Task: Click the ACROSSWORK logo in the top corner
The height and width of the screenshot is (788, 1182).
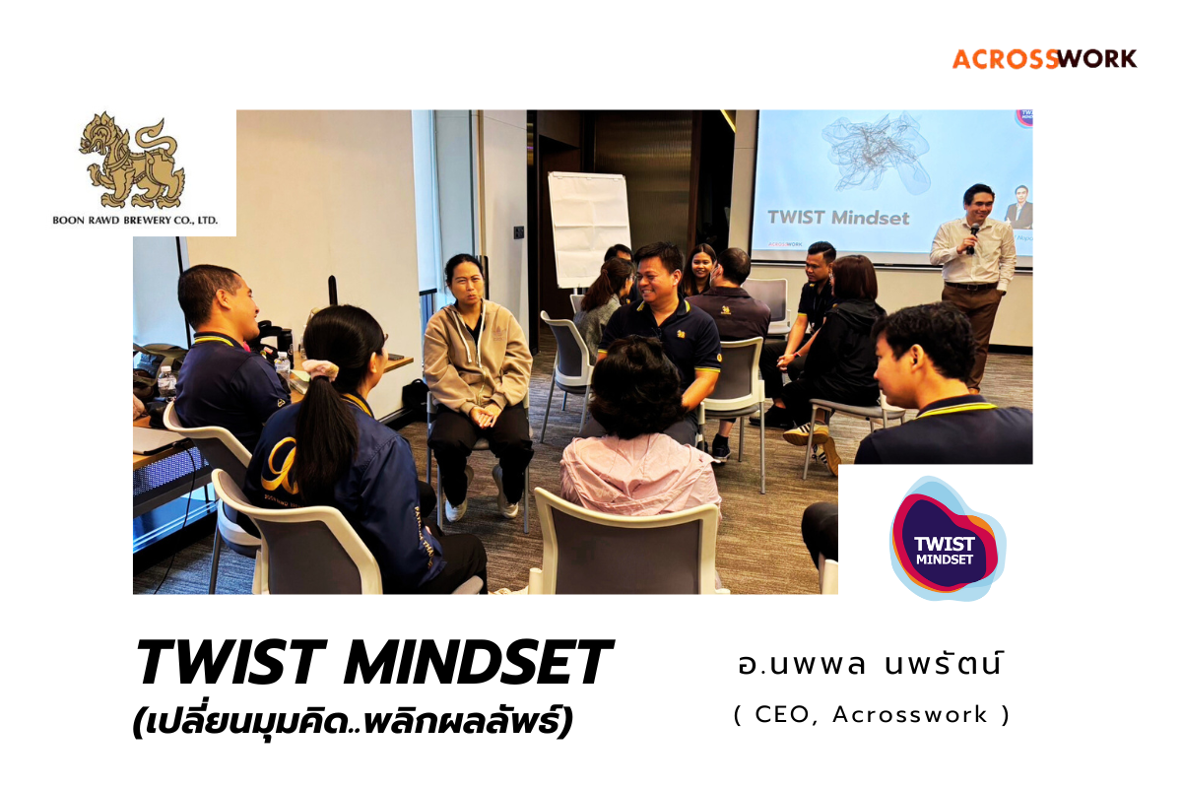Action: [1044, 59]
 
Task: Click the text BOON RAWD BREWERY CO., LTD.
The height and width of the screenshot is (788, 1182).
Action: [135, 220]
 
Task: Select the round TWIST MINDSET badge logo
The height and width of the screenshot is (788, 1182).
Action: [945, 541]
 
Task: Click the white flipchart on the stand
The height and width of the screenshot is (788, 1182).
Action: [588, 230]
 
